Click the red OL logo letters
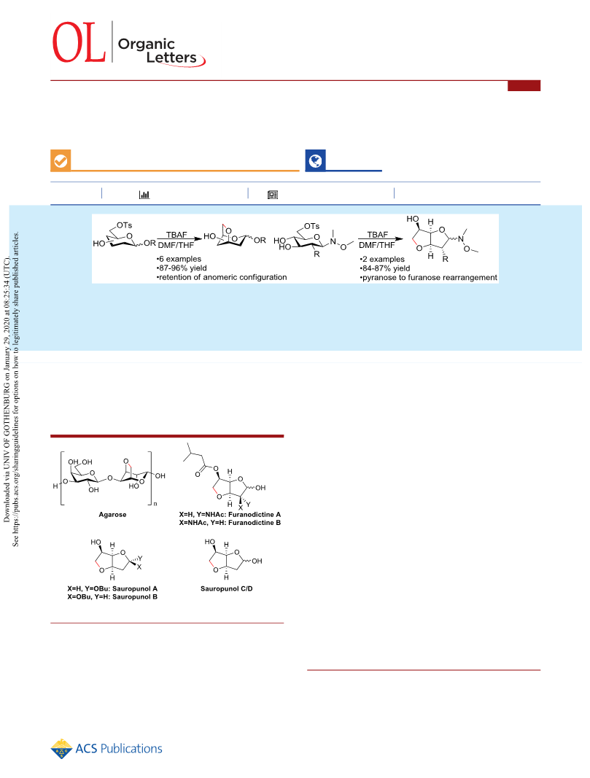(x=79, y=43)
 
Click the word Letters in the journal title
(x=171, y=58)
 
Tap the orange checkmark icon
(x=61, y=160)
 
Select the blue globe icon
(x=315, y=160)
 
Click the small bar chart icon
(x=144, y=195)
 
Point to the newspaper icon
(x=273, y=195)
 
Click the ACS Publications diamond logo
(x=61, y=749)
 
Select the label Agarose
(x=112, y=515)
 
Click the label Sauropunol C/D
(x=226, y=588)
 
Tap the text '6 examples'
(x=179, y=259)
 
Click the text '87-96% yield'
(x=182, y=268)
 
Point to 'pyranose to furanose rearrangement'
(x=429, y=277)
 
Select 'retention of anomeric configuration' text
(x=222, y=277)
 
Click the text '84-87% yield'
(x=385, y=268)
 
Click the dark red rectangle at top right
(x=524, y=86)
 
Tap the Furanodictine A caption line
(x=230, y=515)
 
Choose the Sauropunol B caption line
(x=112, y=597)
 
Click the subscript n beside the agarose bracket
(x=155, y=504)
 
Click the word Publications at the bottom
(x=131, y=749)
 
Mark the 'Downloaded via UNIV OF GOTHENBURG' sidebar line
(x=7, y=390)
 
